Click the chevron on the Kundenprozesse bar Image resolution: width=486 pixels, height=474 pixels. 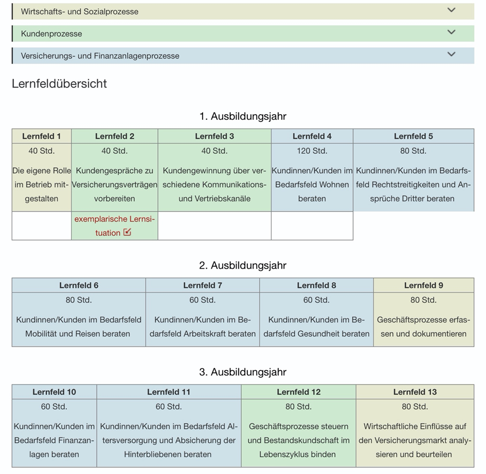point(452,32)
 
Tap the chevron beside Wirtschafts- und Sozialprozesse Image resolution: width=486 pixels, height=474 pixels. point(452,10)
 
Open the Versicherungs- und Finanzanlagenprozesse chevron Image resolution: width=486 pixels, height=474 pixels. point(452,54)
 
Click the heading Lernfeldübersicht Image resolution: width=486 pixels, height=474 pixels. point(59,84)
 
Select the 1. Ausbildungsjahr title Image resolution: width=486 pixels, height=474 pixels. point(243,116)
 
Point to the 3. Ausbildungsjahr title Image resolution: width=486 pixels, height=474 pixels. point(243,372)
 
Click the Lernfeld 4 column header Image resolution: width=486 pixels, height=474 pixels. point(312,136)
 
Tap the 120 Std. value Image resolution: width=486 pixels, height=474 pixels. point(312,151)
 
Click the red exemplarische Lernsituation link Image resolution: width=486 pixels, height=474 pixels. point(114,226)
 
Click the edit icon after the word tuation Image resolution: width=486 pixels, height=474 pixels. point(128,232)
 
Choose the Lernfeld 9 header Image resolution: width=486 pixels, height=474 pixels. point(424,285)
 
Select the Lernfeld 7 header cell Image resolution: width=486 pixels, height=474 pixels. point(203,285)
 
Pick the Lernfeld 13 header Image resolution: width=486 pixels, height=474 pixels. point(415,392)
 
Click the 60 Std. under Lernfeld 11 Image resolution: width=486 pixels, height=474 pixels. point(169,407)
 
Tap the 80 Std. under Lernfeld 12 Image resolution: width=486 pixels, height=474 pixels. point(298,407)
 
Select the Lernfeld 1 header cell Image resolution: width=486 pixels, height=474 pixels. point(42,136)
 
